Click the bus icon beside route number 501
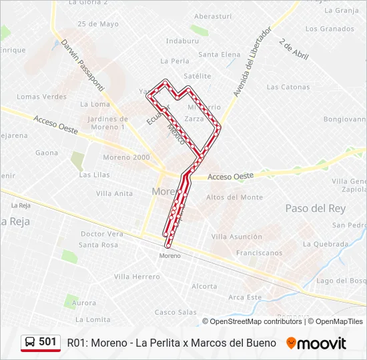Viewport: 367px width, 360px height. pos(30,342)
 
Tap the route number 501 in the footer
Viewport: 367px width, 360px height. pos(47,342)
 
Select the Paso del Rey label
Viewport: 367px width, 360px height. pos(315,209)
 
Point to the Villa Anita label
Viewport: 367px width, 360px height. pos(114,194)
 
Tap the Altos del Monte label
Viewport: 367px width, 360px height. pos(234,197)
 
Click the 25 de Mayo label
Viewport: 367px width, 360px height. pos(98,25)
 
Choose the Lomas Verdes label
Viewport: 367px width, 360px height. pos(41,97)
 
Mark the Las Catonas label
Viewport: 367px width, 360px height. pos(288,87)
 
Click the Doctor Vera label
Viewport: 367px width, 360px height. pos(102,234)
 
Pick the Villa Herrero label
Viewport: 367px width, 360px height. pos(137,277)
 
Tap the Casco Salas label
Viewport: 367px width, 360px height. pos(175,312)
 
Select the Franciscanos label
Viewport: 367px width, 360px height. pos(260,253)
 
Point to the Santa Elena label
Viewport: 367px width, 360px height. pos(220,55)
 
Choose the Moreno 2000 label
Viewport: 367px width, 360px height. pos(126,157)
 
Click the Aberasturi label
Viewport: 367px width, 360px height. pos(212,16)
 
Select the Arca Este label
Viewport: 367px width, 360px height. pos(245,297)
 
